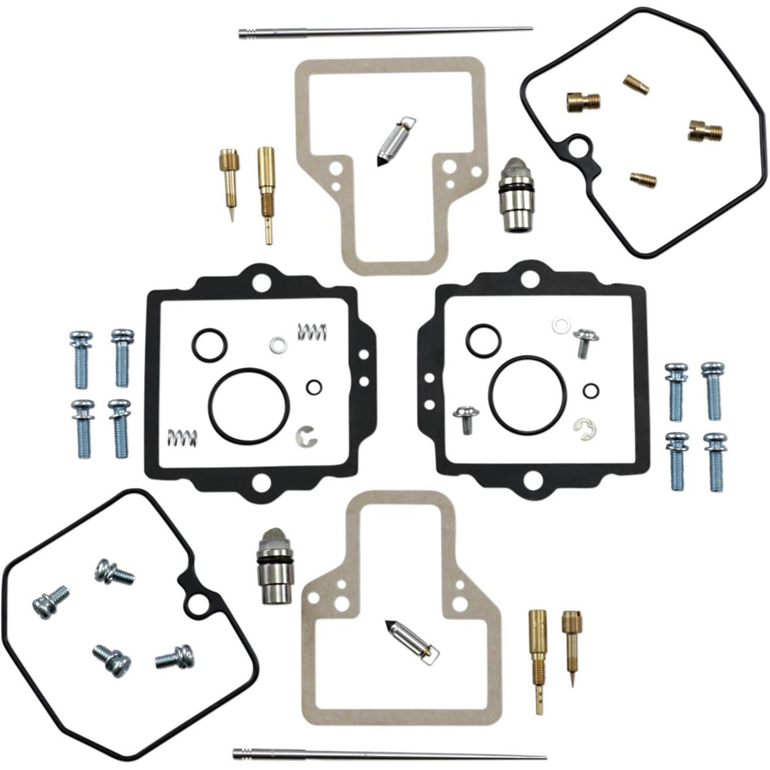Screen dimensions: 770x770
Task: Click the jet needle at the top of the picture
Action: click(384, 31)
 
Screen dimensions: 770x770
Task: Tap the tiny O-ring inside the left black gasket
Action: click(314, 387)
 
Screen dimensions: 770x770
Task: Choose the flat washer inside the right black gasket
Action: click(560, 324)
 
